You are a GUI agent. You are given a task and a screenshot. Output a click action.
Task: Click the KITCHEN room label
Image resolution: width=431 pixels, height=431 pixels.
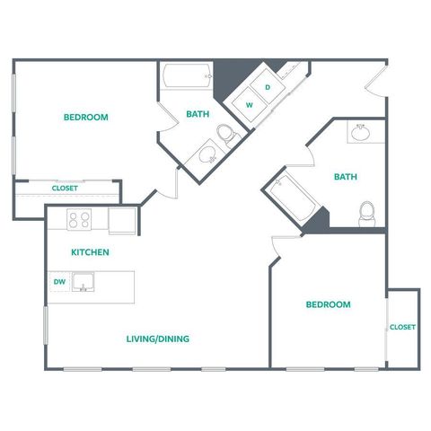pyautogui.click(x=90, y=252)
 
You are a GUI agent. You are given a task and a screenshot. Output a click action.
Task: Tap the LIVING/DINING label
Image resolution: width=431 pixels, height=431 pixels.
pyautogui.click(x=158, y=339)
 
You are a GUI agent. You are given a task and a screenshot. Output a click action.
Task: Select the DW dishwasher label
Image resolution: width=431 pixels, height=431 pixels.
pyautogui.click(x=59, y=282)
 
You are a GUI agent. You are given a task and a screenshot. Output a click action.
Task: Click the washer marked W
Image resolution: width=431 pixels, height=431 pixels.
pyautogui.click(x=250, y=105)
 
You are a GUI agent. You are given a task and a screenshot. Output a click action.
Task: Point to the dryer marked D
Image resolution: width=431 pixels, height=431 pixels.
pyautogui.click(x=268, y=87)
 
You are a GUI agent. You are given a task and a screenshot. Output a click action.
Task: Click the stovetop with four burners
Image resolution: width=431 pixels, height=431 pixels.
pyautogui.click(x=79, y=219)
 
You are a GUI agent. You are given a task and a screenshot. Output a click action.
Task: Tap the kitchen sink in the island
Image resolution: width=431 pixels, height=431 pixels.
pyautogui.click(x=83, y=282)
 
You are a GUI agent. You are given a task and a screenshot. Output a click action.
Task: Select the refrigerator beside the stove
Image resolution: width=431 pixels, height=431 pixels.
pyautogui.click(x=122, y=220)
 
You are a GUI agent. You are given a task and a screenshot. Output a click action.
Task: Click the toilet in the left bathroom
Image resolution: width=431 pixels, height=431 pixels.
pyautogui.click(x=228, y=135)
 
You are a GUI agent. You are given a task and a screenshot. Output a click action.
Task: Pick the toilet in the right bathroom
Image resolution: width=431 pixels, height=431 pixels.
pyautogui.click(x=367, y=214)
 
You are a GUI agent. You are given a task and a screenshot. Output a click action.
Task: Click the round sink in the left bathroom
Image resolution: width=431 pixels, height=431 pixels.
pyautogui.click(x=207, y=154)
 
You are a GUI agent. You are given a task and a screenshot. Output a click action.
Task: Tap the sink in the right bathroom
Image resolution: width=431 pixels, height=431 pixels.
pyautogui.click(x=361, y=133)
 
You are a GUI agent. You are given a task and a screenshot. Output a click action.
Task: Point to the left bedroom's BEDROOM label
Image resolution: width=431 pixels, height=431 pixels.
pyautogui.click(x=86, y=117)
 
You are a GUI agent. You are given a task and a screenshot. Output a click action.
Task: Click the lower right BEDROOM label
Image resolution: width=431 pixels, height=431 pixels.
pyautogui.click(x=329, y=304)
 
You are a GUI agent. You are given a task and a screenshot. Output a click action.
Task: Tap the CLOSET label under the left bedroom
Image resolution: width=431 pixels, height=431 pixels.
pyautogui.click(x=65, y=189)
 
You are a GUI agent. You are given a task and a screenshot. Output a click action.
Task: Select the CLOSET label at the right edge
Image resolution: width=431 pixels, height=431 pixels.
pyautogui.click(x=402, y=327)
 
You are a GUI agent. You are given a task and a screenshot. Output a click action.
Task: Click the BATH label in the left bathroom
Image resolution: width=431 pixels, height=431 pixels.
pyautogui.click(x=198, y=114)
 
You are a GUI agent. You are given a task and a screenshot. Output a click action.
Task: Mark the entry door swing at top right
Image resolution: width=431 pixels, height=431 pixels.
pyautogui.click(x=374, y=78)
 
